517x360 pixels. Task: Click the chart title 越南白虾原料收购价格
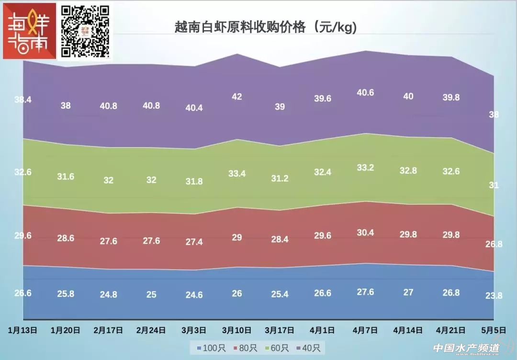[266, 27]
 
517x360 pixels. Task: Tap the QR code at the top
[85, 31]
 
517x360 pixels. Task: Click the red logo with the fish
[29, 31]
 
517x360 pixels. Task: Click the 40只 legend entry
[311, 348]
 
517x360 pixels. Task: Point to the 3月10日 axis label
[237, 330]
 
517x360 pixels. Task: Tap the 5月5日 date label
[494, 330]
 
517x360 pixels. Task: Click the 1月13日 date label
[22, 330]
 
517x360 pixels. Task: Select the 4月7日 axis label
[365, 330]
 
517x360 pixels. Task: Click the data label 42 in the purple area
[237, 97]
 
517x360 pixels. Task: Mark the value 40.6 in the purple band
[365, 93]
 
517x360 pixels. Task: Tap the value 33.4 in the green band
[237, 174]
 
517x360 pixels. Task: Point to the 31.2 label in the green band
[280, 178]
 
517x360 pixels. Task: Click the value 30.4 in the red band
[365, 233]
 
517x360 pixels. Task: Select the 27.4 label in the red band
[194, 242]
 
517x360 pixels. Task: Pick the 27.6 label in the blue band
[365, 292]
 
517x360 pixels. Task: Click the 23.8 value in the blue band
[494, 296]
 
